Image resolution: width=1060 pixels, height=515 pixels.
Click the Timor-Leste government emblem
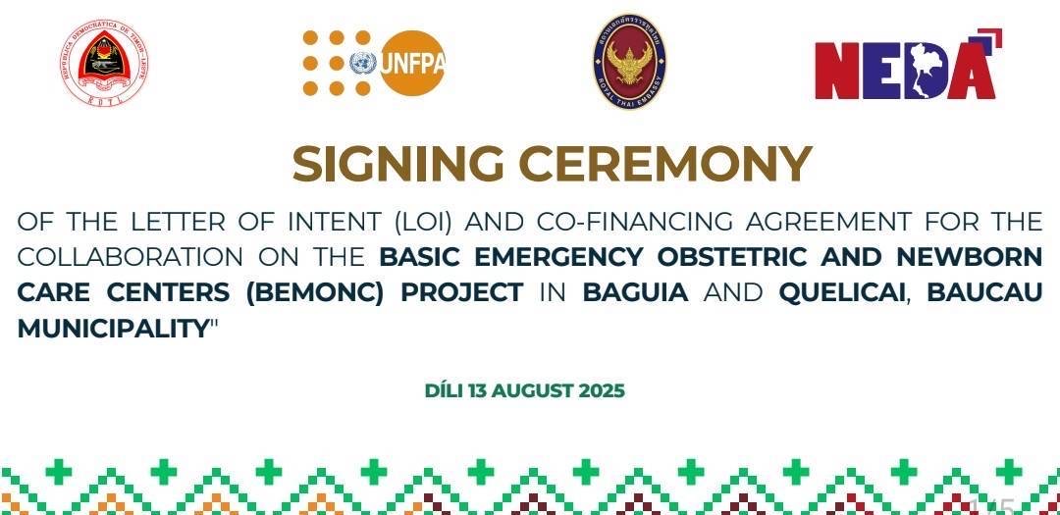[x=104, y=62]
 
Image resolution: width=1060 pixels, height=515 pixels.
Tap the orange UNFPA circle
[x=412, y=63]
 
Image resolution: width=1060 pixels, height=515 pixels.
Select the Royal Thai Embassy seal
[x=629, y=62]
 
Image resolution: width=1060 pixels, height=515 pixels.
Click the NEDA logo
[x=908, y=65]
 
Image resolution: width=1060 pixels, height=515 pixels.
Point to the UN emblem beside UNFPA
[x=363, y=64]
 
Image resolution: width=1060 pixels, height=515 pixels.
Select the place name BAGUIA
[x=635, y=292]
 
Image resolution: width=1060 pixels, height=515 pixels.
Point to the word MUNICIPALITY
[x=110, y=329]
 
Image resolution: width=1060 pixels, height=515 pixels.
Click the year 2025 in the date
[x=602, y=390]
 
